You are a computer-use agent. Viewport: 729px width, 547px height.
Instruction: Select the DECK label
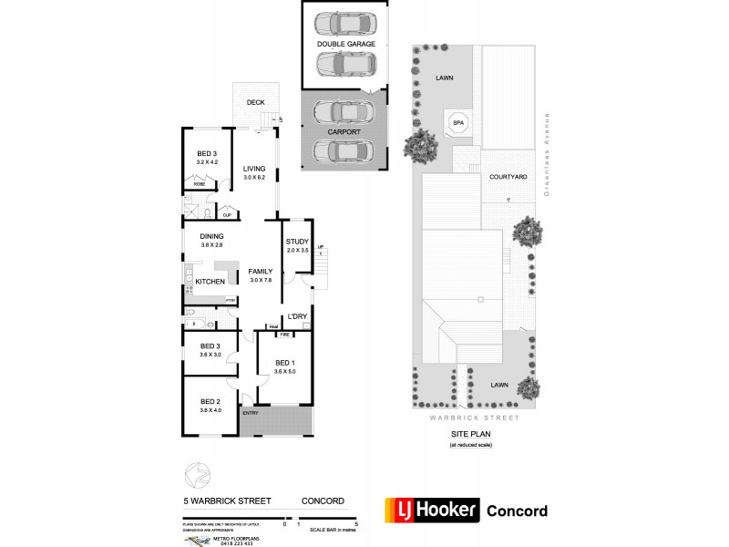tap(255, 102)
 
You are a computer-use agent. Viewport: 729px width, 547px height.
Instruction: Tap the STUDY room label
tap(297, 242)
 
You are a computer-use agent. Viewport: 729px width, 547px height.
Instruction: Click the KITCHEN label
tap(210, 282)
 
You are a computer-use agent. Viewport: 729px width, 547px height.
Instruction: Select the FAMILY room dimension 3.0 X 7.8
tap(261, 280)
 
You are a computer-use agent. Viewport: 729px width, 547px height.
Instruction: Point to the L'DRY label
tap(297, 316)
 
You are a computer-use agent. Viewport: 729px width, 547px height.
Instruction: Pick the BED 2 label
tap(210, 401)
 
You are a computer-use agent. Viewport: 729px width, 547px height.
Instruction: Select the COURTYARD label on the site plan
tap(508, 177)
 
